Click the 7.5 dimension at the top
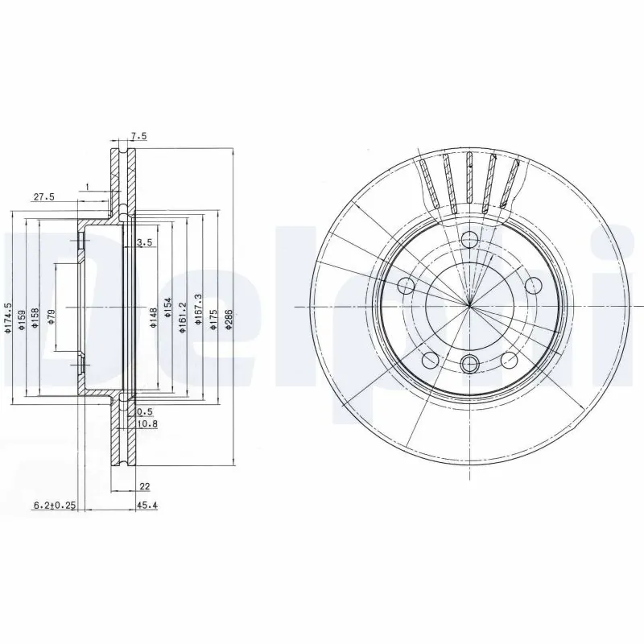click(x=138, y=137)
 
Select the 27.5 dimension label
click(x=43, y=196)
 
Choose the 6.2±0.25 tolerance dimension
click(x=54, y=506)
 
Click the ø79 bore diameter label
click(x=50, y=316)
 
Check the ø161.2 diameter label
click(x=182, y=315)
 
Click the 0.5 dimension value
click(x=145, y=411)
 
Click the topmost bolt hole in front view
click(x=469, y=239)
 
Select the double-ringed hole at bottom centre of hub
click(x=469, y=364)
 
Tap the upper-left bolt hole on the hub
click(x=407, y=286)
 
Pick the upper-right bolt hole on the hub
click(x=532, y=286)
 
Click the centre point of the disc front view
click(x=469, y=305)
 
